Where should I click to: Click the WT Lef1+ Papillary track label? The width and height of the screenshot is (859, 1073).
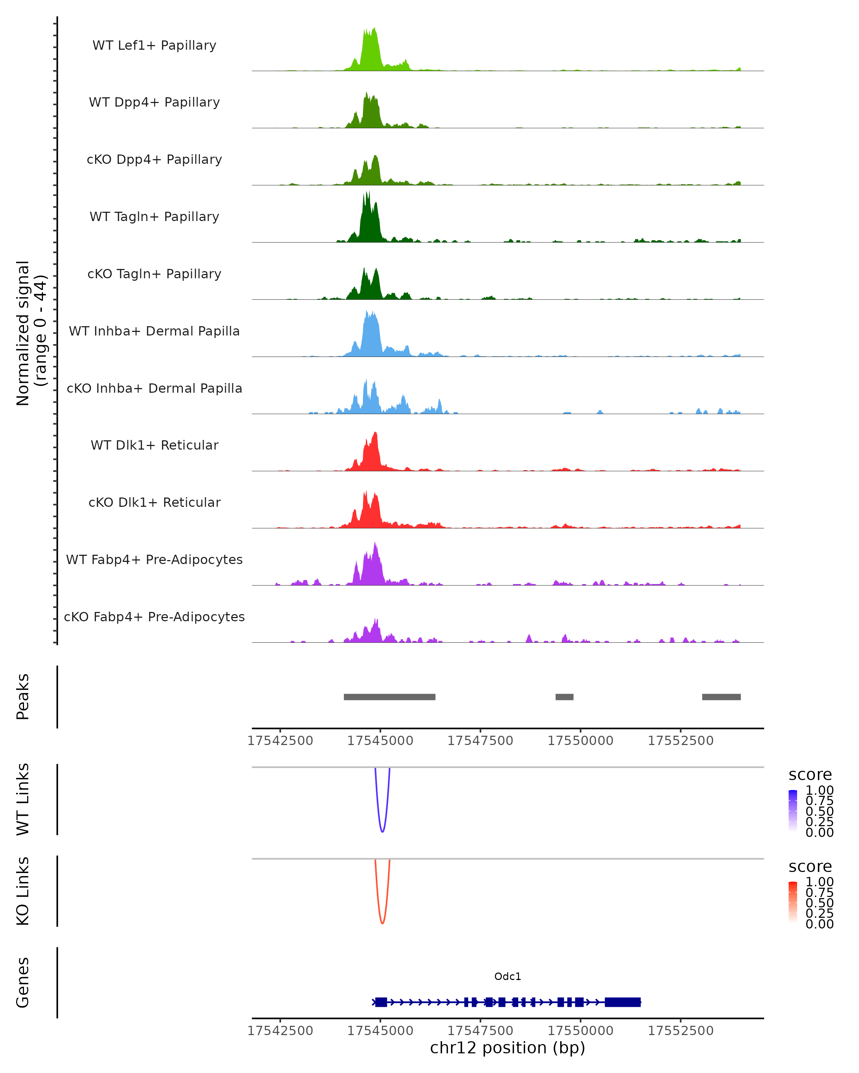tap(154, 45)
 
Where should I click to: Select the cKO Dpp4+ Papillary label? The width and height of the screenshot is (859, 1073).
tap(154, 160)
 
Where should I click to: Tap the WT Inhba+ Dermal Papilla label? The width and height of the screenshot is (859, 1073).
tap(154, 332)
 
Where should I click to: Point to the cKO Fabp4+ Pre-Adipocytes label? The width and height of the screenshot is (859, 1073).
tap(154, 617)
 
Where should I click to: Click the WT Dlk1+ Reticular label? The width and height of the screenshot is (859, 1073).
tap(154, 445)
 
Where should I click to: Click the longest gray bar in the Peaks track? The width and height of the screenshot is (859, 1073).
tap(389, 697)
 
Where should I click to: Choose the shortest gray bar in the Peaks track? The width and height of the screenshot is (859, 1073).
tap(564, 697)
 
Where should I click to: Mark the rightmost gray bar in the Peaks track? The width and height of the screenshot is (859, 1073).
tap(721, 697)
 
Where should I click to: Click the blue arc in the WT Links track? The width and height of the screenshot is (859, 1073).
tap(382, 831)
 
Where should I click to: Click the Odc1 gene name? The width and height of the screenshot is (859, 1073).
tap(508, 976)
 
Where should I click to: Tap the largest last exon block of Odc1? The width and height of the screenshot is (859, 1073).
tap(622, 1002)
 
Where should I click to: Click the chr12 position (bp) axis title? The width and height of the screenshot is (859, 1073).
tap(508, 1048)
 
